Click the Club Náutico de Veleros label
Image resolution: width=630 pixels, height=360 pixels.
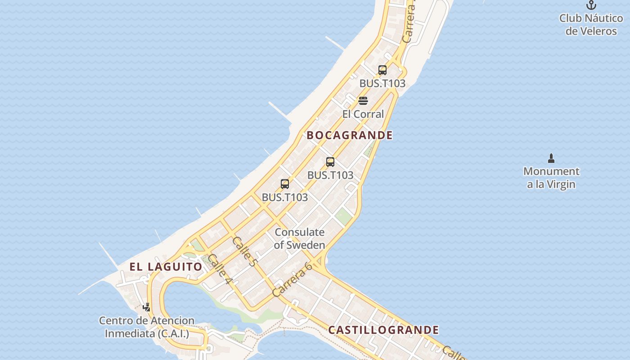[591, 25]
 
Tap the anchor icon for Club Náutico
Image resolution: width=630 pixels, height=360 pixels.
[591, 5]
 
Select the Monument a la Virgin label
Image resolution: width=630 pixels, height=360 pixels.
[551, 178]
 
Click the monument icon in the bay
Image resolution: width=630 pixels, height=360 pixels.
[551, 158]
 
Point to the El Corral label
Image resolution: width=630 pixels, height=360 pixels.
[363, 114]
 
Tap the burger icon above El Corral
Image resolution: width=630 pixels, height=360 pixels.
[363, 100]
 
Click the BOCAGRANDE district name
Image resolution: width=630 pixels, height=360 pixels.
[350, 135]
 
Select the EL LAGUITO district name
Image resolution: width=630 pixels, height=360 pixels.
[166, 266]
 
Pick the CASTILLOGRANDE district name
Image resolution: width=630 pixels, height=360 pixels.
[383, 330]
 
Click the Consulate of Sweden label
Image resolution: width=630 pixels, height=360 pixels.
[299, 238]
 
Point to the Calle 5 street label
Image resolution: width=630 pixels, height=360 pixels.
[244, 252]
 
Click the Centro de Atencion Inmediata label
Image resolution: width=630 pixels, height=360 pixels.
[147, 327]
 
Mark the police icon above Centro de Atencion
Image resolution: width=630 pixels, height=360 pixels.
[146, 307]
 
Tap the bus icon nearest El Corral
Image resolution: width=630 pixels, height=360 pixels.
[382, 70]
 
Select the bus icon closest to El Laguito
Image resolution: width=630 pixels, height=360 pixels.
[285, 184]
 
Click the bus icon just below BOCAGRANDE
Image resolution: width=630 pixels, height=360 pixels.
[330, 162]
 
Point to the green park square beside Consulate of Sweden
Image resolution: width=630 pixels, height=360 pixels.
[343, 216]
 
